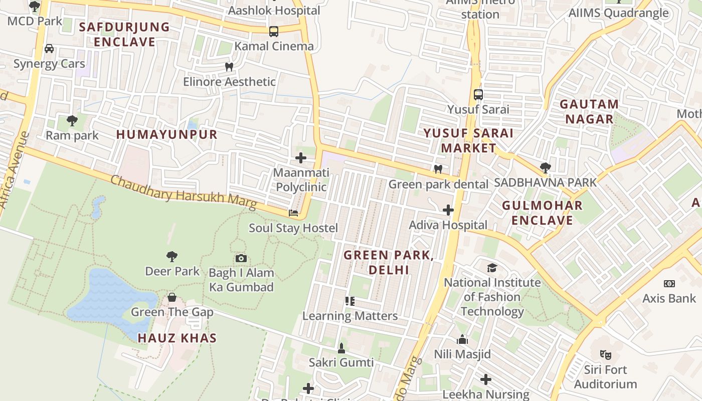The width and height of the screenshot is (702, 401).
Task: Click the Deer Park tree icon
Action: (x=172, y=257)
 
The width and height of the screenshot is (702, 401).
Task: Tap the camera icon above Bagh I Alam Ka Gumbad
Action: (x=241, y=258)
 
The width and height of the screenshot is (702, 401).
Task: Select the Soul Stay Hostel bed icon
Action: (x=293, y=213)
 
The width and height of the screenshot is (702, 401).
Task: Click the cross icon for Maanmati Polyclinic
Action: (x=301, y=158)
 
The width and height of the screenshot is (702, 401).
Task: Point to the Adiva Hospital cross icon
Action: (x=448, y=210)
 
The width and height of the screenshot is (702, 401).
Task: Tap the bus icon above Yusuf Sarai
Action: (x=478, y=94)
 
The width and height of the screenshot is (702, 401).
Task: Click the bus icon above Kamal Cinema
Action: (x=274, y=31)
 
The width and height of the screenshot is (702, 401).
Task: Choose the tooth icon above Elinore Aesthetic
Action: (x=229, y=67)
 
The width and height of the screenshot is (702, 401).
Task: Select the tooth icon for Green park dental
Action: (x=438, y=169)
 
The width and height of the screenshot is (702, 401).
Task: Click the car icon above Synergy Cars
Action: (x=49, y=49)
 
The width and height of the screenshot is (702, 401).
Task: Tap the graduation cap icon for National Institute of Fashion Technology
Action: (x=492, y=268)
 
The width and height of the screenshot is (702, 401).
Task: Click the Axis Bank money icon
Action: (x=669, y=284)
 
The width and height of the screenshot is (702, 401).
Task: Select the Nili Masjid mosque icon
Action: (x=462, y=339)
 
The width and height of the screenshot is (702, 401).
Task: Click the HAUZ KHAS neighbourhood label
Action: (x=177, y=338)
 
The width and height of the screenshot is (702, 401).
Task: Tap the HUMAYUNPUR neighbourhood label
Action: (x=167, y=134)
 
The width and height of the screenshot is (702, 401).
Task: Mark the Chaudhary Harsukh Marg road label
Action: (x=183, y=192)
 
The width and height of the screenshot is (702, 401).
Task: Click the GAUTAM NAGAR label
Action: (x=589, y=112)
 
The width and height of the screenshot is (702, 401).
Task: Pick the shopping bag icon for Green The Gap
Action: (x=172, y=297)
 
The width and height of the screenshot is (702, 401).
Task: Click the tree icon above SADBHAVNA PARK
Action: (x=546, y=168)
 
